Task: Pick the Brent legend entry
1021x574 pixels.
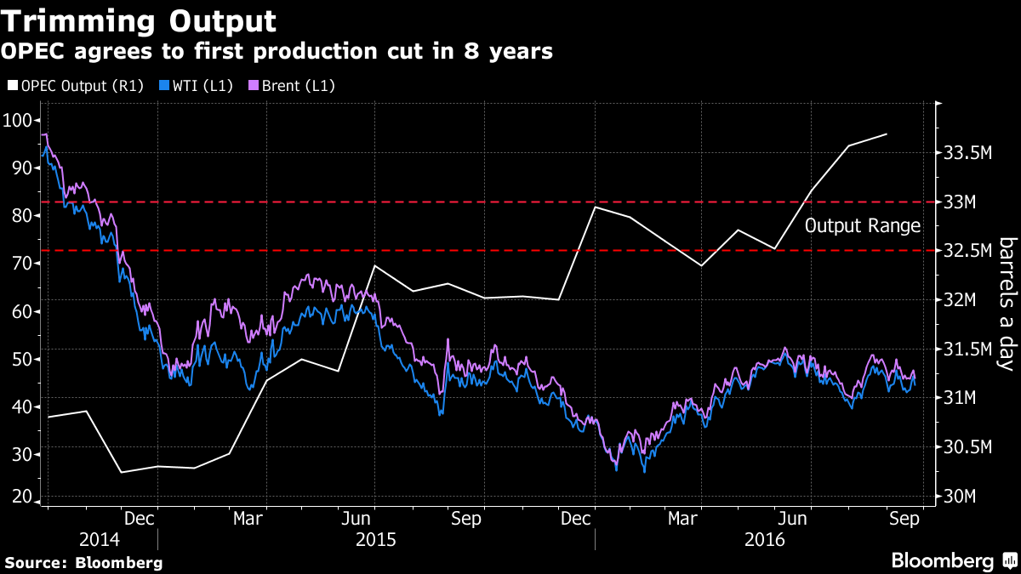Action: tap(290, 86)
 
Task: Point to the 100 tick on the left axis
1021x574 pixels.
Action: tap(18, 120)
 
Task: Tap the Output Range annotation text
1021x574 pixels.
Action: tap(863, 226)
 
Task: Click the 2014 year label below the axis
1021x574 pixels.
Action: tap(100, 540)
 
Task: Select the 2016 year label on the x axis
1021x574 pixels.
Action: tap(765, 540)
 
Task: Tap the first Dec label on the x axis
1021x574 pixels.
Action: tap(139, 517)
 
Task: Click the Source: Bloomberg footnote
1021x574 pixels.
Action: tap(83, 562)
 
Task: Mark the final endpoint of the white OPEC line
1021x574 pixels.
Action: tap(887, 134)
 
